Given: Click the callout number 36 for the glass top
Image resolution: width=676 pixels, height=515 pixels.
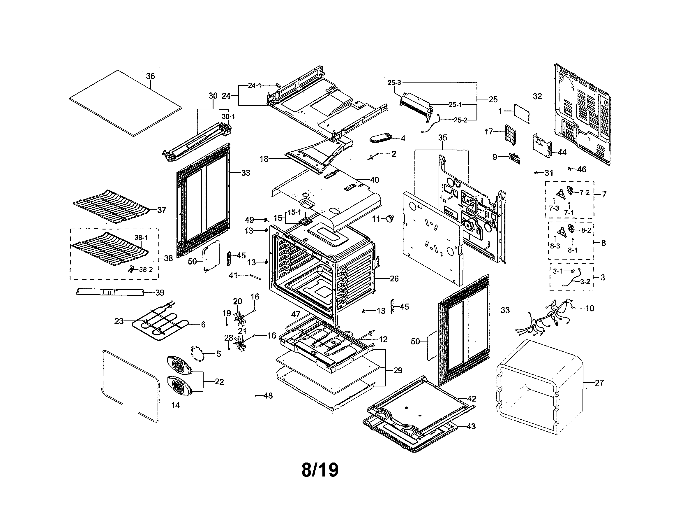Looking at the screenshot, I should (x=150, y=76).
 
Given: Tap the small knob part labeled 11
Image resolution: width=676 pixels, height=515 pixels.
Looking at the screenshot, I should (x=390, y=218).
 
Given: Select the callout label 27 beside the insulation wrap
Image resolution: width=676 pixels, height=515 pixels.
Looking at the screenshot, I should (x=599, y=383).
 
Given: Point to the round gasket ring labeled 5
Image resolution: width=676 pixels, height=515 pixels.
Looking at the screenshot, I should (x=197, y=353).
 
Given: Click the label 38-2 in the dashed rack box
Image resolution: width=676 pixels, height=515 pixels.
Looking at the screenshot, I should (x=145, y=270).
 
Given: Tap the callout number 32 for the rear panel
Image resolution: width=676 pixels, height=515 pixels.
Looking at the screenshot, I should (x=537, y=96).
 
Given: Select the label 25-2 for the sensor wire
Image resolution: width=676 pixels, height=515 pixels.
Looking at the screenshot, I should (x=460, y=120).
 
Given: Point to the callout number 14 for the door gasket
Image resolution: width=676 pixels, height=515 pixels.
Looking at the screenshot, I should (x=175, y=405).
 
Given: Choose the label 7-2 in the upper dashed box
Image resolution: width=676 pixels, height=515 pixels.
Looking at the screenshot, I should (x=585, y=192).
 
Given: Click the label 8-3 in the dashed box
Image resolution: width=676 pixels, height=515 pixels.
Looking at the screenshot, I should (x=555, y=246).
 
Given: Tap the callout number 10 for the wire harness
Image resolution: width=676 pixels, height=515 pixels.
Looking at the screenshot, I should (x=590, y=308).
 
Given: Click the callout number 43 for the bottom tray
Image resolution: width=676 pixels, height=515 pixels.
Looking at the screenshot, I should (x=471, y=426).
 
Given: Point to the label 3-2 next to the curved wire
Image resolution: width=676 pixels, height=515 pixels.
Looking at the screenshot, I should (x=585, y=281).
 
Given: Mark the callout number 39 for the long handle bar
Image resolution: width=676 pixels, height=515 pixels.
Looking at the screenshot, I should (x=160, y=293).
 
